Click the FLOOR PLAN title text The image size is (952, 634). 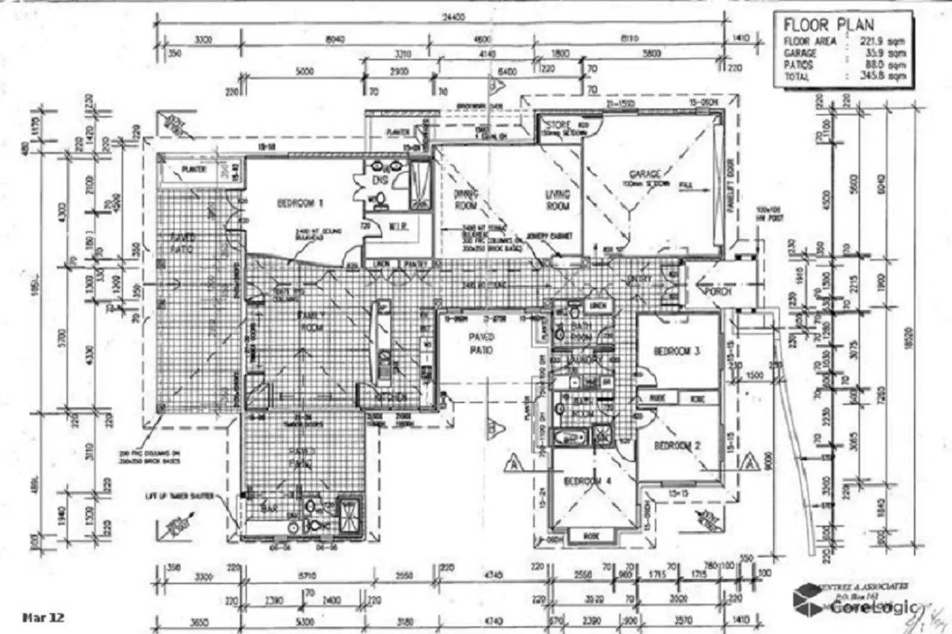click(828, 25)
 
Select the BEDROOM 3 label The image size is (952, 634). click(677, 351)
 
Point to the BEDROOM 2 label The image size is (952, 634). click(677, 446)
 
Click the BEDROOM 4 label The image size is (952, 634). click(587, 481)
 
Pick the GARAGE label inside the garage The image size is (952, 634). click(645, 174)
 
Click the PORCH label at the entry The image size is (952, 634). click(718, 292)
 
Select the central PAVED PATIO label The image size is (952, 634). click(481, 344)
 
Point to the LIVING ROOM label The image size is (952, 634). click(557, 199)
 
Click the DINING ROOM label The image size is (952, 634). click(465, 199)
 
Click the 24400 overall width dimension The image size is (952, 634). click(453, 17)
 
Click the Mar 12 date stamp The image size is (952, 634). click(43, 617)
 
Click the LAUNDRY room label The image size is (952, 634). click(585, 360)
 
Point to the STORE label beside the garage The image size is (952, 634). click(558, 124)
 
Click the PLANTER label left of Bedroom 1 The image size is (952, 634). click(194, 169)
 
